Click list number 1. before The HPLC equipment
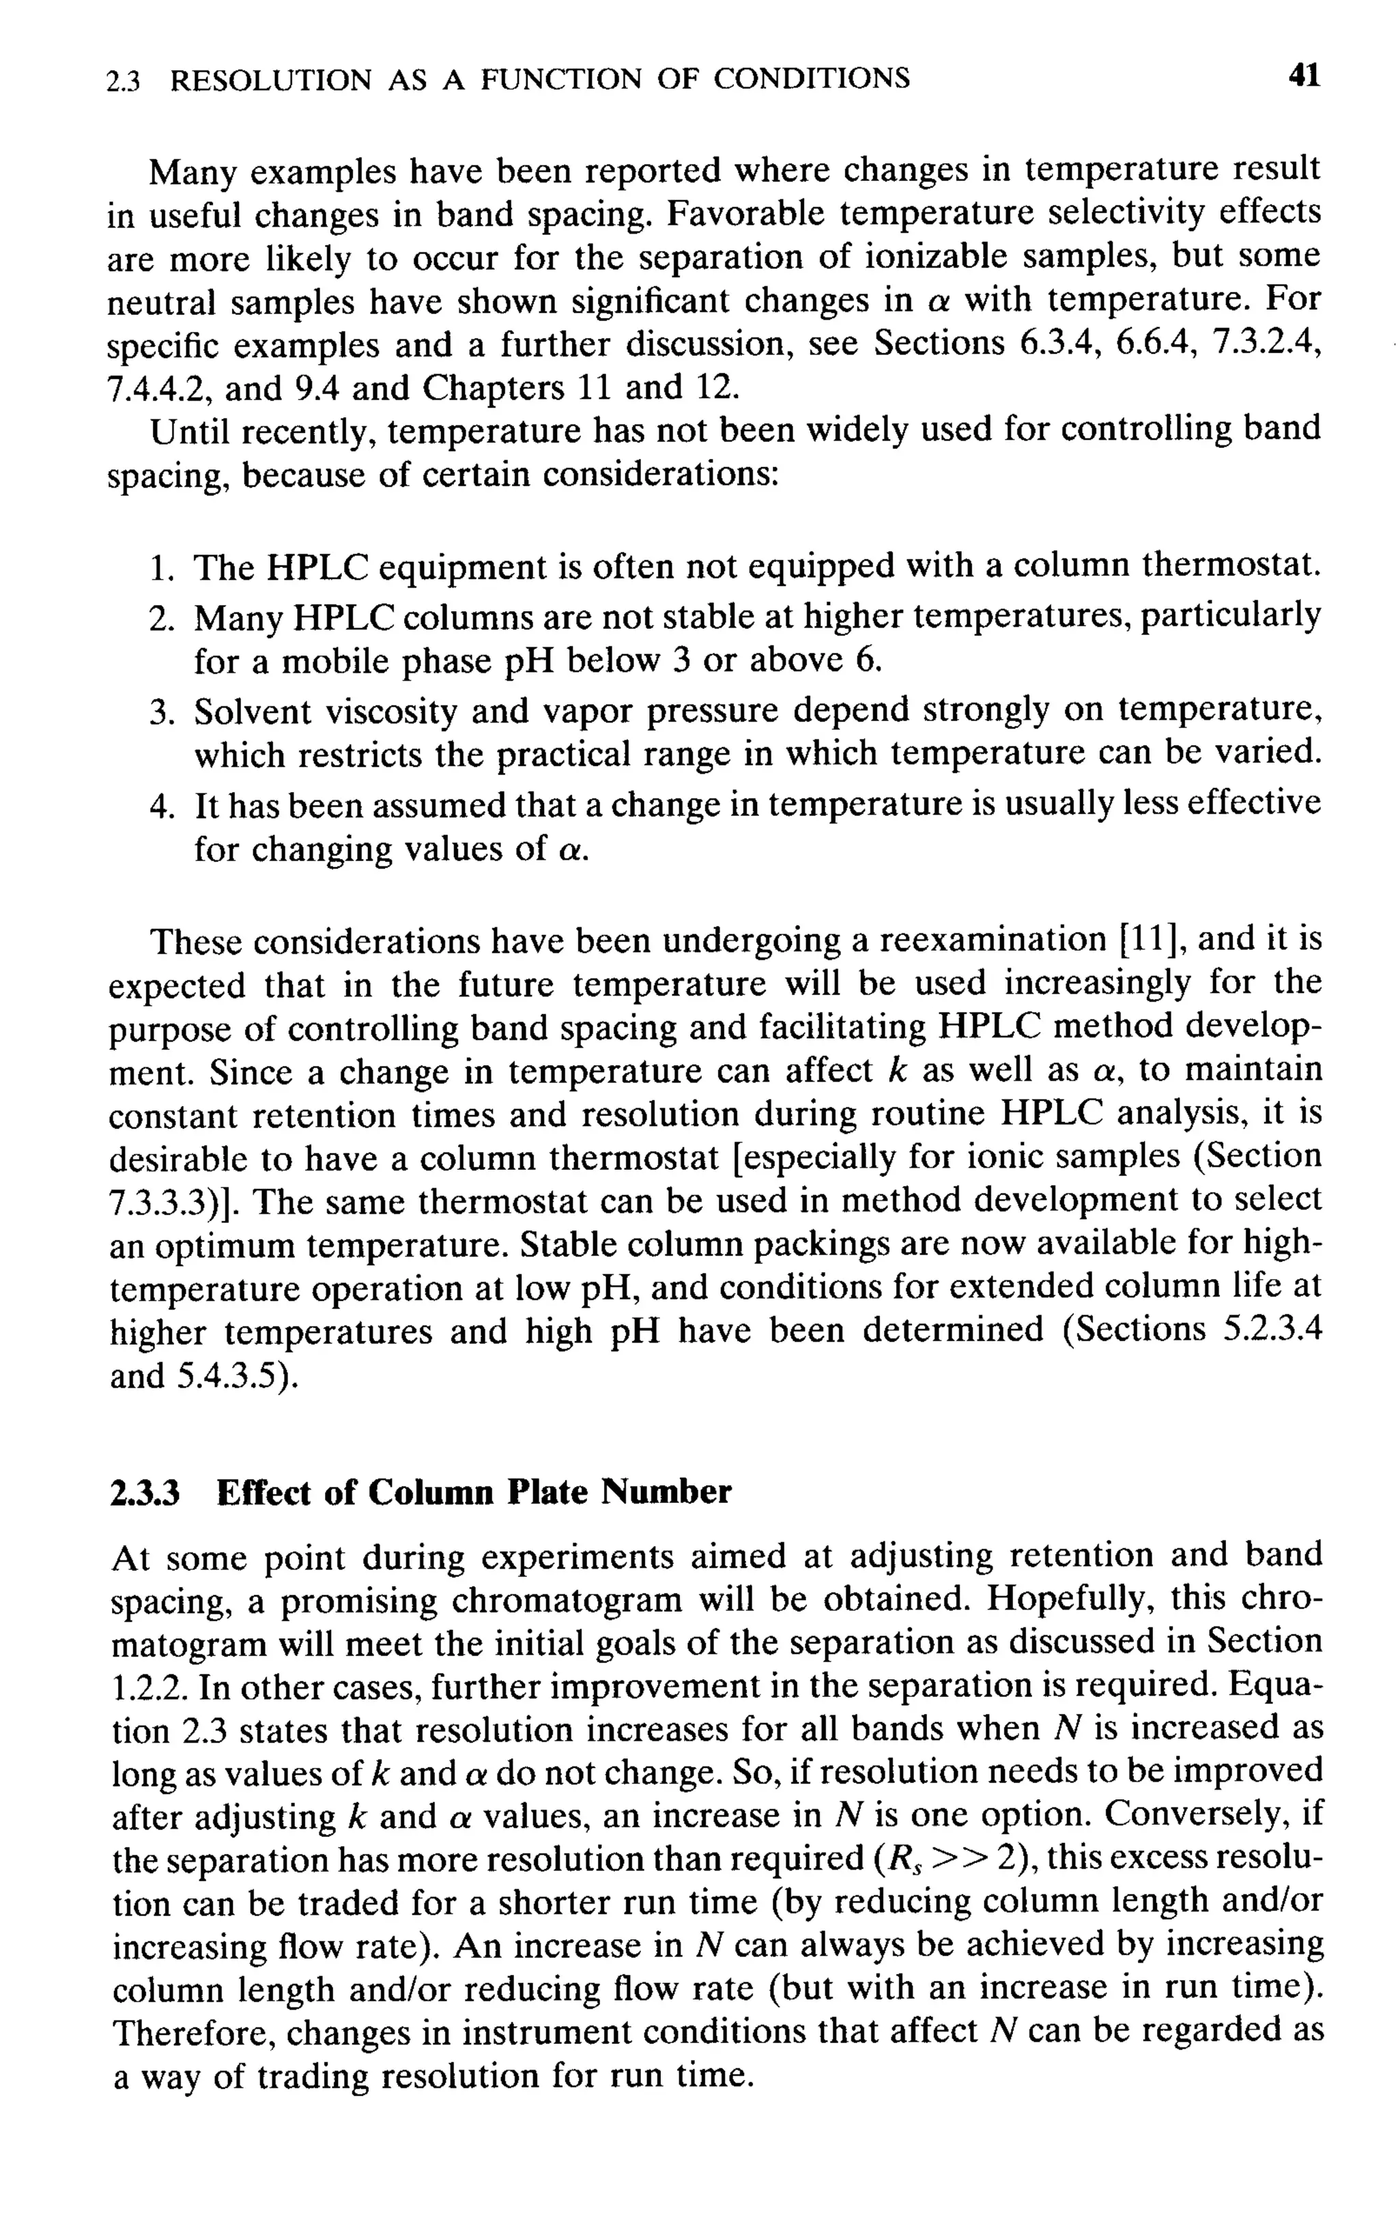pyautogui.click(x=162, y=567)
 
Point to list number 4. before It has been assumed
pyautogui.click(x=162, y=805)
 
